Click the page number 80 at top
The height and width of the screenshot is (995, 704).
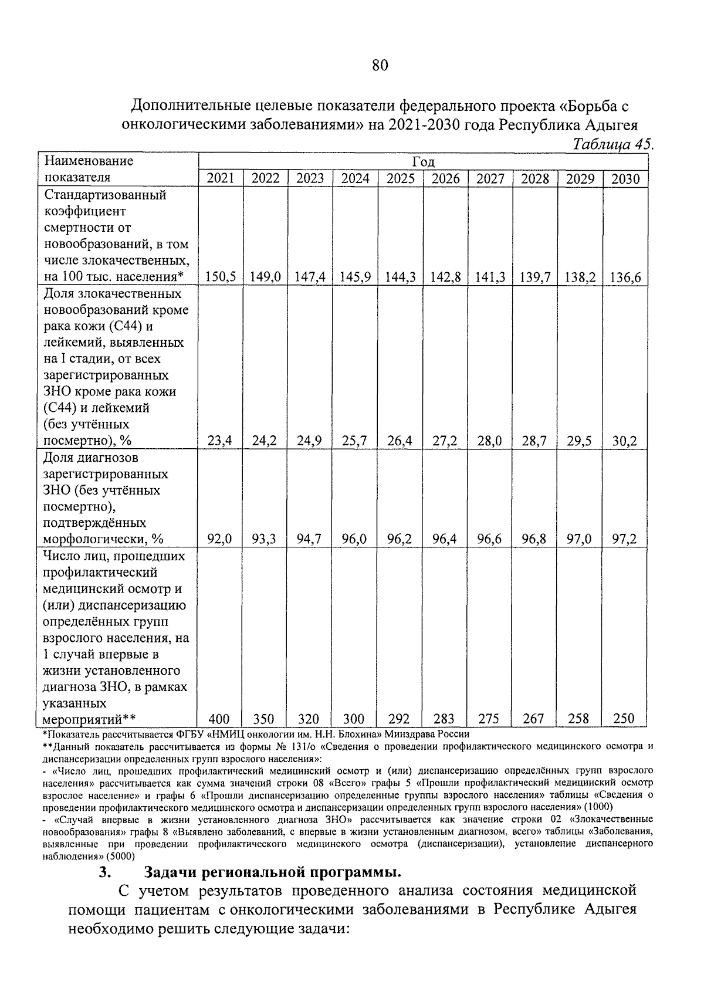[380, 65]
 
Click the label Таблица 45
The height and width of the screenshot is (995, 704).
[613, 144]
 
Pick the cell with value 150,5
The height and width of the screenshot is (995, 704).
[221, 277]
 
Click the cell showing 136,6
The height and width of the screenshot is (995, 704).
[625, 277]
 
